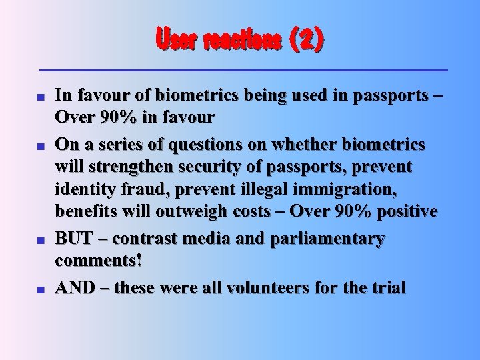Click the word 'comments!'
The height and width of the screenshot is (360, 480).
click(98, 261)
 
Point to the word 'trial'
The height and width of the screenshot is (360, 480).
click(387, 288)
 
